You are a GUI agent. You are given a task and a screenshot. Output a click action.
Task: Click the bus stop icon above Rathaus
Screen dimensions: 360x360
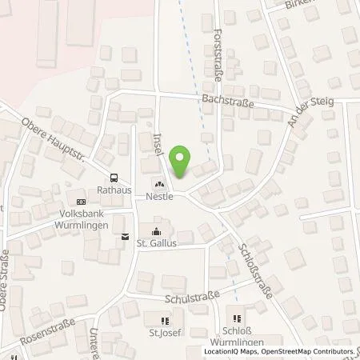point(114,178)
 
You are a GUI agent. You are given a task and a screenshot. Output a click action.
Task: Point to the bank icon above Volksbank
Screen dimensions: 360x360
point(81,202)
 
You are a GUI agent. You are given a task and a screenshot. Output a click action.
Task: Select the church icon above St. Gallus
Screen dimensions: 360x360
point(156,230)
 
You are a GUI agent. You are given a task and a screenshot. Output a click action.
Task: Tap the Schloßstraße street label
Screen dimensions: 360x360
point(255,271)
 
